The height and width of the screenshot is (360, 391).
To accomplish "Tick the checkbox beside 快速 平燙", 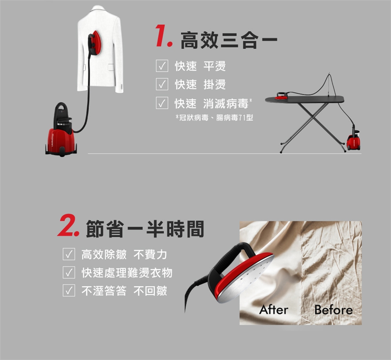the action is (x=162, y=66).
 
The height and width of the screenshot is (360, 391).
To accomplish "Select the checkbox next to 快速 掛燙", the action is (x=162, y=84).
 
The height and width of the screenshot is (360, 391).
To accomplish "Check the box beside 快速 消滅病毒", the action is (x=162, y=103).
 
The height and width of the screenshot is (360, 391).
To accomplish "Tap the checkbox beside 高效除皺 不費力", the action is (x=69, y=254).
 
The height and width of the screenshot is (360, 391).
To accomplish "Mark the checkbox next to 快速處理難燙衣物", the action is (x=69, y=273).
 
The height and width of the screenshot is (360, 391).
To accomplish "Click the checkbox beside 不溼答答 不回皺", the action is (x=69, y=290).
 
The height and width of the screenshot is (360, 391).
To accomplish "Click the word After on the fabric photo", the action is (x=274, y=310).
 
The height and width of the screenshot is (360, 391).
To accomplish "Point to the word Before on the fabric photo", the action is (x=334, y=310).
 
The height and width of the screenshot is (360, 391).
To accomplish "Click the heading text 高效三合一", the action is (x=229, y=40).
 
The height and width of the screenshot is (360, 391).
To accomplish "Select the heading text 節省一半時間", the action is (x=145, y=229).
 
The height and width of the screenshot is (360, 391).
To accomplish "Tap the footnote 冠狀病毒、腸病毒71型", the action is (x=215, y=118).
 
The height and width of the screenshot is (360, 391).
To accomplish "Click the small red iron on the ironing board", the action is (x=281, y=96).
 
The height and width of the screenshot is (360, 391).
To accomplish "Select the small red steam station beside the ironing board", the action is (x=354, y=140).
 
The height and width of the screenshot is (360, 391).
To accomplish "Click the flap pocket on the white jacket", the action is (x=111, y=67).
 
